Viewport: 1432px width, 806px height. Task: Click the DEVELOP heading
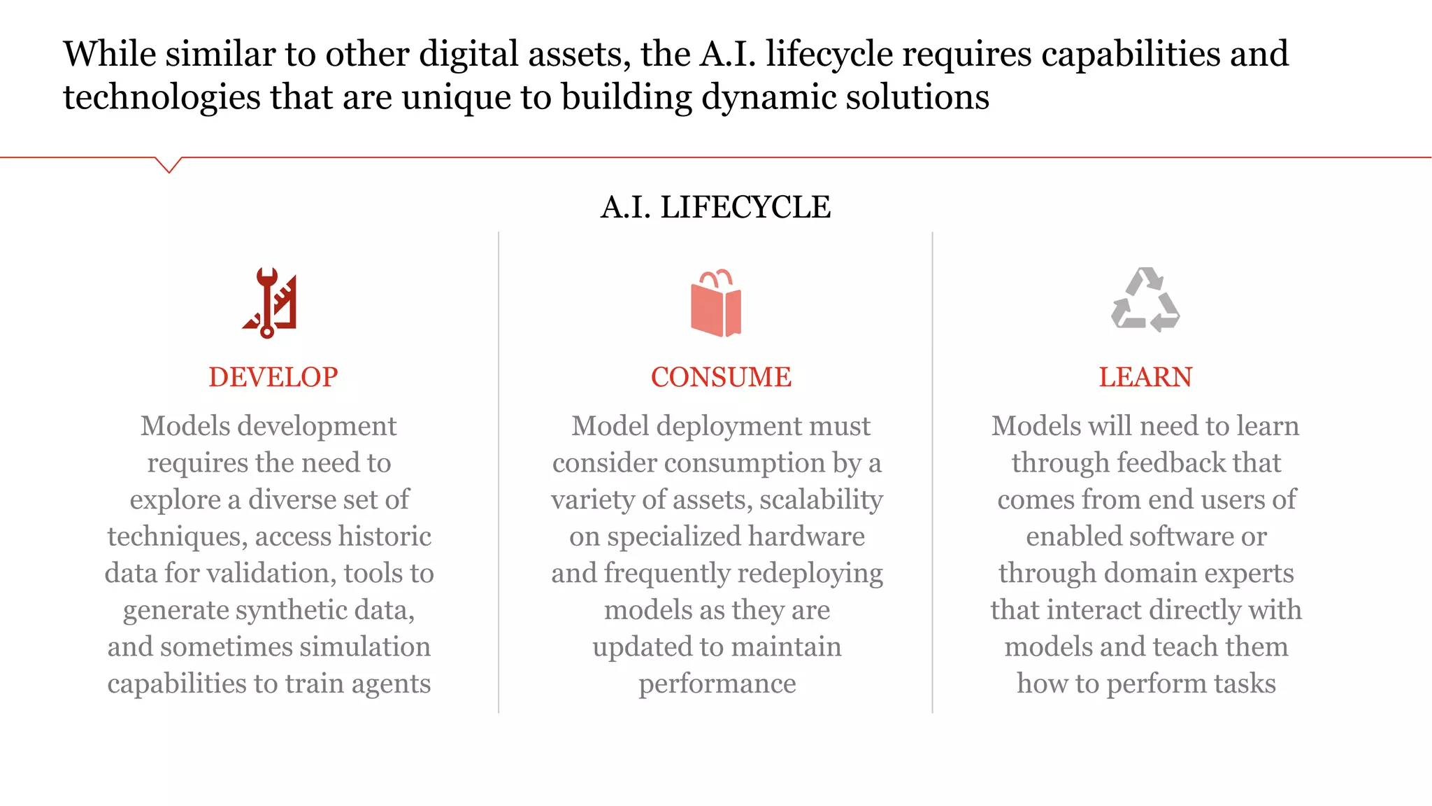[x=273, y=377]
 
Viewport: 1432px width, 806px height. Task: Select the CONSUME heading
[x=721, y=377]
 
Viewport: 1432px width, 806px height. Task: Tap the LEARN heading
[x=1145, y=377]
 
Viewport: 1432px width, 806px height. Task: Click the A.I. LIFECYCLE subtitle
[x=715, y=207]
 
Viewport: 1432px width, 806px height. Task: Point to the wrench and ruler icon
[x=271, y=302]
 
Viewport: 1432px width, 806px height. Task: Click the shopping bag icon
[x=716, y=302]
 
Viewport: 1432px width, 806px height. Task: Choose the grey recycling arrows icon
[x=1145, y=300]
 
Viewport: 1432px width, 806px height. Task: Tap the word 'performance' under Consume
[x=717, y=684]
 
